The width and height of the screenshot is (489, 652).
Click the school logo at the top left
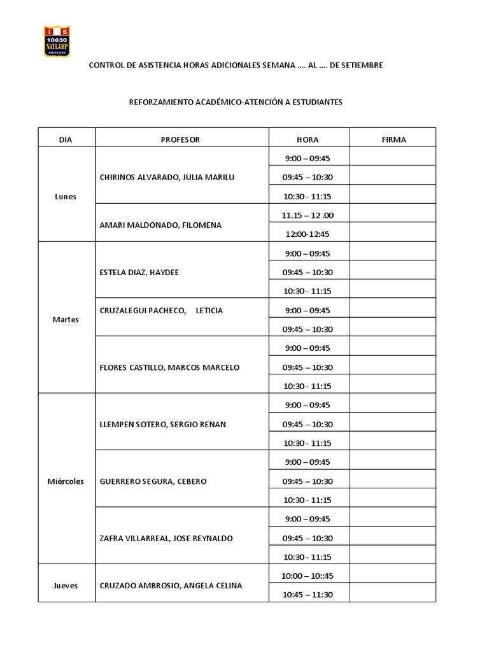[57, 41]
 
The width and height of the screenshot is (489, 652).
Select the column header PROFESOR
[181, 139]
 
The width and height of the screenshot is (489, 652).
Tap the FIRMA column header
[393, 139]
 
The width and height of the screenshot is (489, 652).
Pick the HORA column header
[308, 139]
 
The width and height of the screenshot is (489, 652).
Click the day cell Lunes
[66, 196]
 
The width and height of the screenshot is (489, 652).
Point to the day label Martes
[66, 320]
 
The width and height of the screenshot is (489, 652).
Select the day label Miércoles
[66, 481]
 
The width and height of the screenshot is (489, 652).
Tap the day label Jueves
[66, 585]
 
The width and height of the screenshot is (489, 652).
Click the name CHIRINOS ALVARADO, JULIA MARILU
[167, 177]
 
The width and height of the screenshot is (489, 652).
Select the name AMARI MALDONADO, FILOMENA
[161, 225]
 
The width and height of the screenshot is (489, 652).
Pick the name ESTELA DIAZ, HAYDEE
[139, 272]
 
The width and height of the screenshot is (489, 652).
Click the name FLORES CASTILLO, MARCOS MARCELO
[170, 367]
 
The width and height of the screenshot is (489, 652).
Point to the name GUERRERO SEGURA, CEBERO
[153, 481]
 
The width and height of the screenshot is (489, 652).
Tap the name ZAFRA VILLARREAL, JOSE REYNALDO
[167, 538]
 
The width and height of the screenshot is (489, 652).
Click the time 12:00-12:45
[308, 234]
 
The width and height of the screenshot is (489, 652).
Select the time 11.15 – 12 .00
[308, 215]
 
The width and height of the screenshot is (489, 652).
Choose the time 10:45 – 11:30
[308, 595]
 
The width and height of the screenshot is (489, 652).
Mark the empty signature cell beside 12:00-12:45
[393, 234]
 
